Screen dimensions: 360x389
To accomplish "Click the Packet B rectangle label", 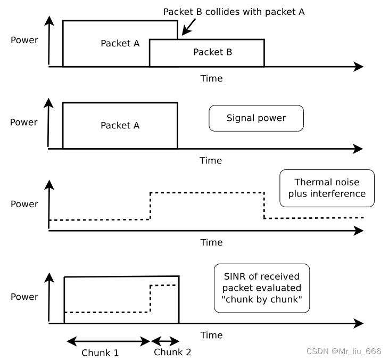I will [212, 52].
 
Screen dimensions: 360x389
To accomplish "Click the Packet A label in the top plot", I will [120, 44].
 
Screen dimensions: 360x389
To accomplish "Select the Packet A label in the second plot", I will [120, 126].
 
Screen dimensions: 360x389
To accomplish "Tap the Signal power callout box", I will [256, 118].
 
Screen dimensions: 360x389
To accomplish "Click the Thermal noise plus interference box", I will [327, 187].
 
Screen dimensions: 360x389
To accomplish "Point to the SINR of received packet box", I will [261, 288].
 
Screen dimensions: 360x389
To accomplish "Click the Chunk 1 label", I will [100, 353].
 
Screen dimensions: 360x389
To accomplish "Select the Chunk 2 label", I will [172, 352].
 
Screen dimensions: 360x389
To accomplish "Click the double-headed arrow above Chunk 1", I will [109, 341].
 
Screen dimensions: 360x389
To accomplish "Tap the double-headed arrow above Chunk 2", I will [165, 341].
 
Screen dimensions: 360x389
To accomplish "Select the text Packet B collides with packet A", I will [234, 12].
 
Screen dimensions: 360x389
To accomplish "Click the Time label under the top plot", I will [211, 79].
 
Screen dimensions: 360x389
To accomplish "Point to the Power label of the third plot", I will [24, 204].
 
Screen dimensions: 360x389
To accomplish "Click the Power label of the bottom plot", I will [24, 297].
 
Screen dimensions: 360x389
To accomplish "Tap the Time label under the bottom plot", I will [211, 335].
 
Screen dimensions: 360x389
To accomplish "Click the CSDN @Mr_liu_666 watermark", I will [344, 351].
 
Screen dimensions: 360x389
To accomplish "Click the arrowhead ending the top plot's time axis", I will [359, 67].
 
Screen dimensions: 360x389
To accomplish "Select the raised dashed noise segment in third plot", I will [207, 192].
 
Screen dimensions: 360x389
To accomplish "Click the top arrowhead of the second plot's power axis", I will [49, 102].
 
